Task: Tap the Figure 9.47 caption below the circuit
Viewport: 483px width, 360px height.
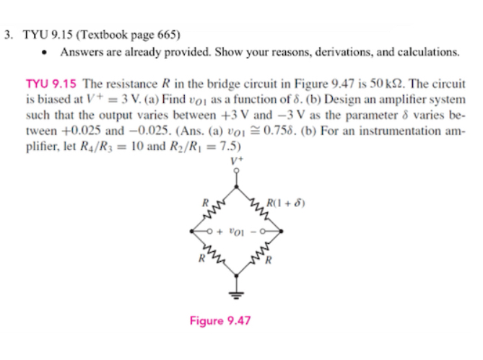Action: pos(219,320)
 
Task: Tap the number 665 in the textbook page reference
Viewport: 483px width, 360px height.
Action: pos(162,34)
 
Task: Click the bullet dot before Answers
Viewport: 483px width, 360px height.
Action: pos(45,53)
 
